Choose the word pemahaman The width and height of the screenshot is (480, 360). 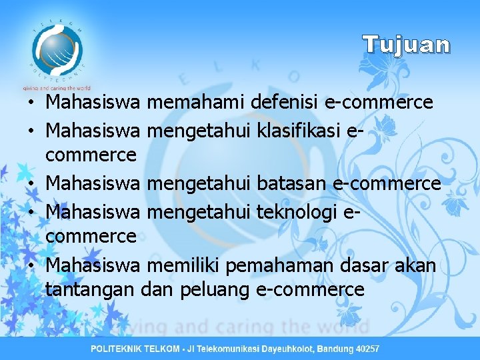pos(281,265)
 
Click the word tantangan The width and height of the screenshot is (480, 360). pos(91,289)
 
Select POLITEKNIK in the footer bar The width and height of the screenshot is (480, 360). pos(118,349)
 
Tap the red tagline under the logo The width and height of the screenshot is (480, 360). pos(55,87)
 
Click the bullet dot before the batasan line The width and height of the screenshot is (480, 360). pos(31,183)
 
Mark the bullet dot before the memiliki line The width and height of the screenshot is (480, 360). pos(31,265)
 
